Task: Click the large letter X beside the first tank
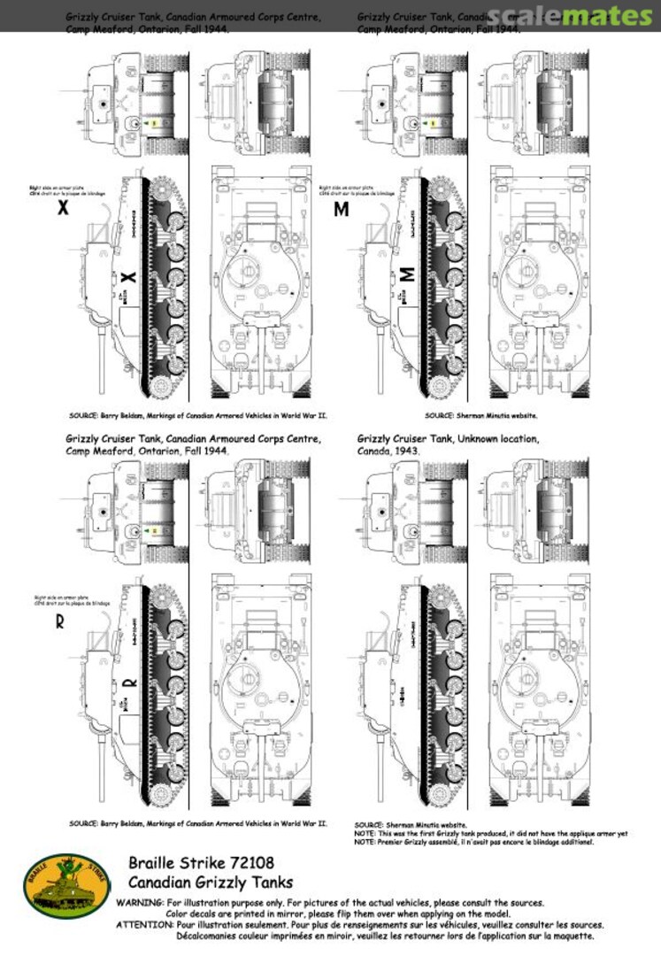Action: click(x=62, y=209)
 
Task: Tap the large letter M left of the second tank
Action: click(x=342, y=210)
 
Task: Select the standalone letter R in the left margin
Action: click(x=59, y=621)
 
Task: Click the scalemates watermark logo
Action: click(x=581, y=16)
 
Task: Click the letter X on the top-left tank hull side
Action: click(x=128, y=277)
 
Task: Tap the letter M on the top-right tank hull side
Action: click(x=408, y=275)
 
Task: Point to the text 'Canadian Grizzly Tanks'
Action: click(x=211, y=882)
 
